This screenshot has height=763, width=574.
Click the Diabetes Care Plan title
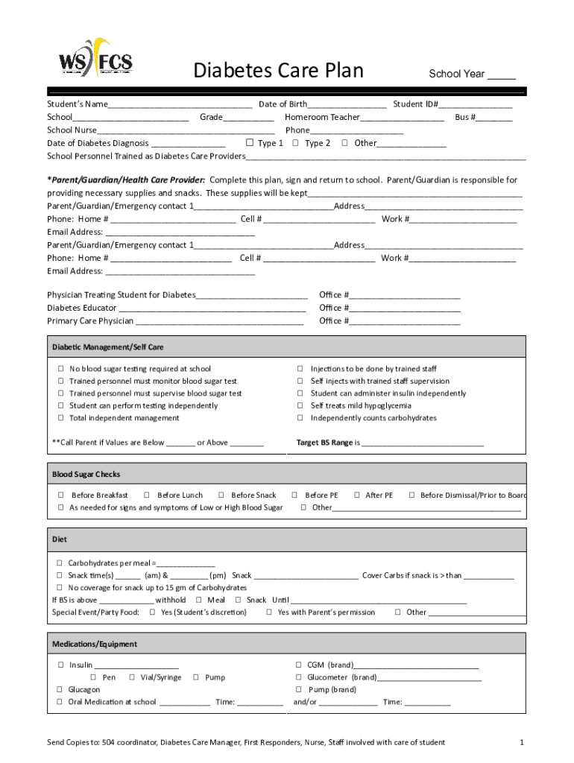[278, 71]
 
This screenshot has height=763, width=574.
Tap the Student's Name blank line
[180, 104]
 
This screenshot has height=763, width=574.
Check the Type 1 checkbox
[250, 143]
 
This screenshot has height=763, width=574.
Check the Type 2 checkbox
[296, 143]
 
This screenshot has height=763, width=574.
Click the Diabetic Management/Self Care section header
[107, 347]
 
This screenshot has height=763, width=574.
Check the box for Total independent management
[60, 418]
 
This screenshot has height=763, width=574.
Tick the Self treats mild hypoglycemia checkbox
[300, 406]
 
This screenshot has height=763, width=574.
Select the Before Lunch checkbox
[147, 496]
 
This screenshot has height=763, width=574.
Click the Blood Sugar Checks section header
[86, 475]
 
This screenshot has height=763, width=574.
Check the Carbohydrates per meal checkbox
[60, 563]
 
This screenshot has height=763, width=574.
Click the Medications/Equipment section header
[95, 644]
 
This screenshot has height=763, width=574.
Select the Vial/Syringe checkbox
[132, 677]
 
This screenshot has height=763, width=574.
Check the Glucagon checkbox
[60, 690]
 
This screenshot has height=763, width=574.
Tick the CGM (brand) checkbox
[298, 665]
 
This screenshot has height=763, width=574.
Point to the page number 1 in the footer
[522, 742]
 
